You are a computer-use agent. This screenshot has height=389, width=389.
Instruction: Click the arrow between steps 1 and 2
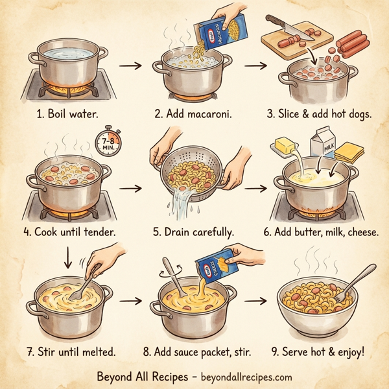132,65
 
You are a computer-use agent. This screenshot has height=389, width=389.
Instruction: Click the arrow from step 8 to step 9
257,301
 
